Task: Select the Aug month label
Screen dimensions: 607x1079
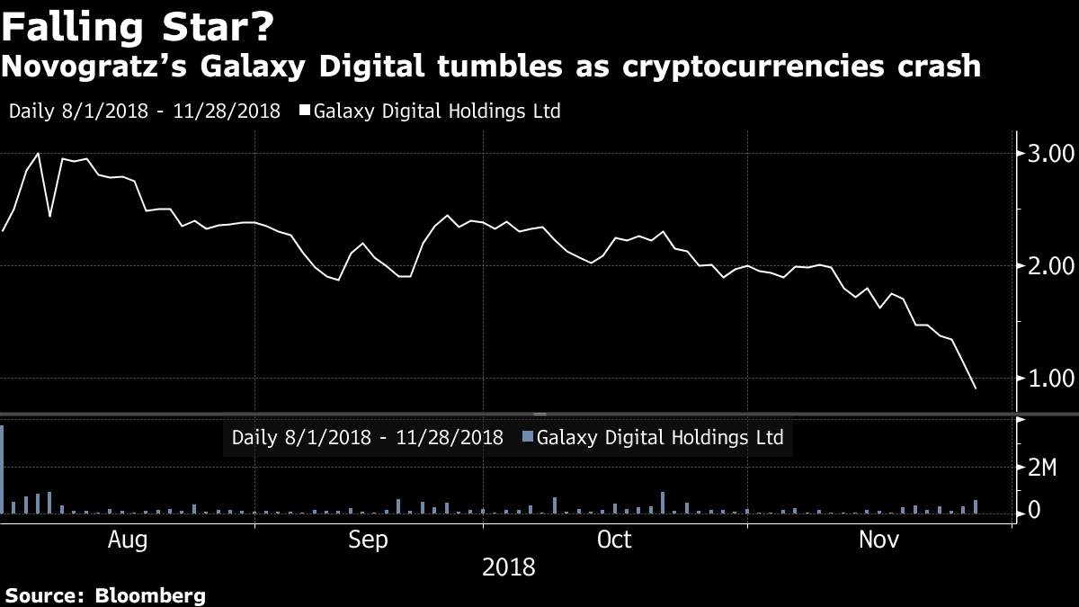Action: (127, 540)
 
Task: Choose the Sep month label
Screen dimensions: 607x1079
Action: (369, 540)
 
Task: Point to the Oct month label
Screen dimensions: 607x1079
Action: (615, 540)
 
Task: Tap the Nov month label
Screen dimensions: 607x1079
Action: (879, 540)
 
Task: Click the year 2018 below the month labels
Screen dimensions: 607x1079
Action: (508, 568)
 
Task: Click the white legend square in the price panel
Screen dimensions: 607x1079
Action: (305, 112)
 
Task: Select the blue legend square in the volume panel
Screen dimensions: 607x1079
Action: (528, 438)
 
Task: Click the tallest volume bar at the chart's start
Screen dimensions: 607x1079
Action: (3, 468)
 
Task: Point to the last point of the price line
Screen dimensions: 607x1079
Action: (976, 388)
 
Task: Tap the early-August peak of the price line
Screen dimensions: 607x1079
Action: (38, 154)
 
